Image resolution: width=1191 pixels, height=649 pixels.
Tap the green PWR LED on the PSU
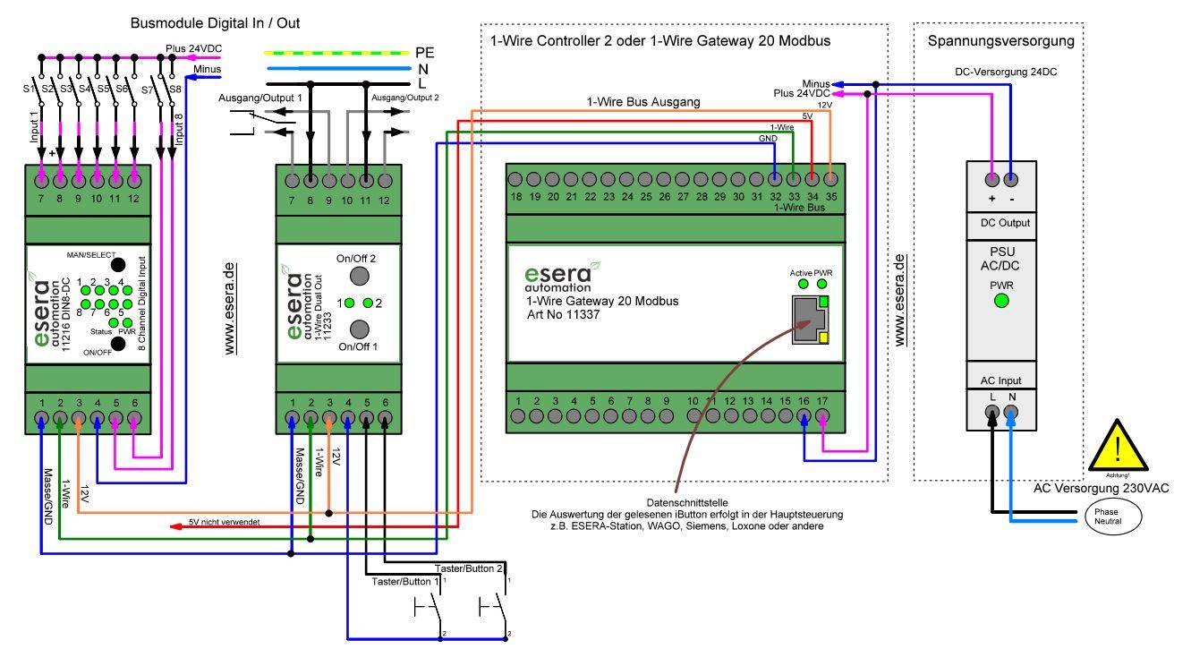pyautogui.click(x=1001, y=301)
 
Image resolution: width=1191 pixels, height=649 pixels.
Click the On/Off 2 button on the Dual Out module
pyautogui.click(x=360, y=275)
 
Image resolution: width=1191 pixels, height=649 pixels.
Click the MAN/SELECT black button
pyautogui.click(x=116, y=264)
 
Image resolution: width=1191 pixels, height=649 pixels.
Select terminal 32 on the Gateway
pyautogui.click(x=775, y=178)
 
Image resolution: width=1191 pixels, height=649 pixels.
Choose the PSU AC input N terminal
pyautogui.click(x=1012, y=413)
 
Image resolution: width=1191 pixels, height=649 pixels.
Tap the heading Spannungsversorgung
pyautogui.click(x=1000, y=41)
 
